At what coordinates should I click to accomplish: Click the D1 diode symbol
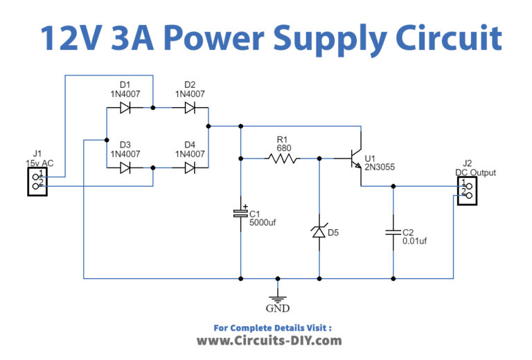coord(126,108)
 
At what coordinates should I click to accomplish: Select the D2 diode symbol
coord(189,108)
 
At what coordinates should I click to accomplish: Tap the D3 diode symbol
coord(126,168)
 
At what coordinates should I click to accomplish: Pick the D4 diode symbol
coord(189,168)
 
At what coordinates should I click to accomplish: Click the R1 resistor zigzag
coord(283,159)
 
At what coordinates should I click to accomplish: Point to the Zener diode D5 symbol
coord(319,232)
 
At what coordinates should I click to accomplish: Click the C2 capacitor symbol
coord(393,232)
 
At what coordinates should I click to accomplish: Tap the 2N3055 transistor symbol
coord(356,159)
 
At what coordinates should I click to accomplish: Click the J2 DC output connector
coord(465,190)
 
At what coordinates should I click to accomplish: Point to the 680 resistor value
coord(283,147)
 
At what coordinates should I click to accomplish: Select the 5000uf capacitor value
coord(263,223)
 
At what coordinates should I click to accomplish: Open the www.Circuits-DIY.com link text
coord(269,341)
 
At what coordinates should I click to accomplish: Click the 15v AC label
coord(39,163)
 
